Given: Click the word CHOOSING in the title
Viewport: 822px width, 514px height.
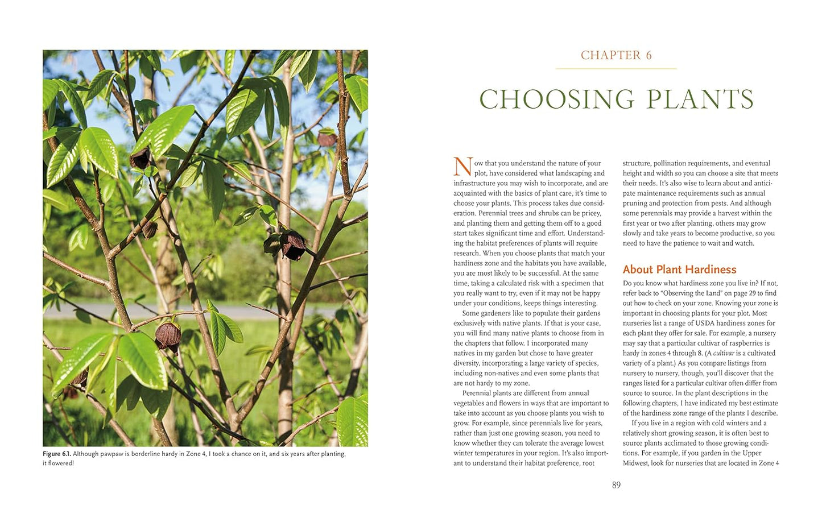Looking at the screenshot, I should [x=556, y=100].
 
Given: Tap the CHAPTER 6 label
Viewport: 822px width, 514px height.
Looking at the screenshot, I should [x=616, y=55].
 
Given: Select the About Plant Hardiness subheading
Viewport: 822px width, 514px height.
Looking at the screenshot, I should [x=679, y=270].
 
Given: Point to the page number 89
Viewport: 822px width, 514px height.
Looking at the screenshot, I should [x=616, y=485].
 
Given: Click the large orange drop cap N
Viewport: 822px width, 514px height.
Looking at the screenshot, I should [x=462, y=167].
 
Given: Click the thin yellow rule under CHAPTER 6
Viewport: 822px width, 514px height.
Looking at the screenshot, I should [x=616, y=69].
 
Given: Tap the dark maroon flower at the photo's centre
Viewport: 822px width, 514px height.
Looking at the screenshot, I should [x=293, y=245].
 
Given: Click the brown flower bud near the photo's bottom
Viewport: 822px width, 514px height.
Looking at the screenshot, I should [x=168, y=335].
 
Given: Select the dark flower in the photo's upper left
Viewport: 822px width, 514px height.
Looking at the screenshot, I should [x=140, y=159].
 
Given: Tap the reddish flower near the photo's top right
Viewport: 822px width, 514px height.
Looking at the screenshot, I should [x=327, y=138].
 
